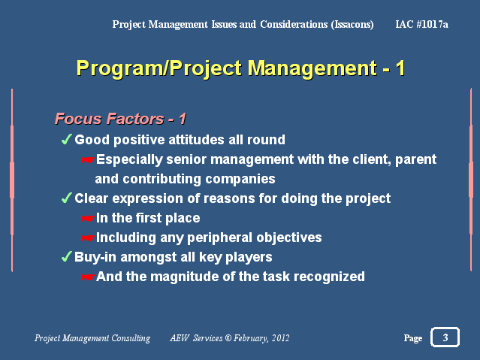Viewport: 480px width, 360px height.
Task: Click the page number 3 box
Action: [445, 337]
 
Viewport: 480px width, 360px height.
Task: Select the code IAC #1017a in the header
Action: [421, 24]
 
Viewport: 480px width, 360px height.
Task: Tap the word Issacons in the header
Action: [352, 25]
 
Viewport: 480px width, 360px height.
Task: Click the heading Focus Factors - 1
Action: [120, 119]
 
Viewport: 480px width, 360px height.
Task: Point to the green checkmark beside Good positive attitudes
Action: [66, 139]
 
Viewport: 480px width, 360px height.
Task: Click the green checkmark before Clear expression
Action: [66, 198]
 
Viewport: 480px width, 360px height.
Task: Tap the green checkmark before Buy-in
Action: [66, 256]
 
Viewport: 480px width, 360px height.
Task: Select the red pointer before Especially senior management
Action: [89, 159]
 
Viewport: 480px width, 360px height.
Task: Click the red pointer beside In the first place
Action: [89, 218]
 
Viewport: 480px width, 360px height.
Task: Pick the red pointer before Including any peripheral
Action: [89, 237]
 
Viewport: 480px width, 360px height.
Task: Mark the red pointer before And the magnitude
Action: [89, 277]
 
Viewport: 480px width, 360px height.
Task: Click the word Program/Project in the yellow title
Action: [159, 68]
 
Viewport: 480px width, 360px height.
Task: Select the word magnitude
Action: [184, 277]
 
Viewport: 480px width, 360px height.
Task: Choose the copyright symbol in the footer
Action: [228, 337]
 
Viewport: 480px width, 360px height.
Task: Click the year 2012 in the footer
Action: [280, 337]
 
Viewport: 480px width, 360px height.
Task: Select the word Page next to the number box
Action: [413, 338]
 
